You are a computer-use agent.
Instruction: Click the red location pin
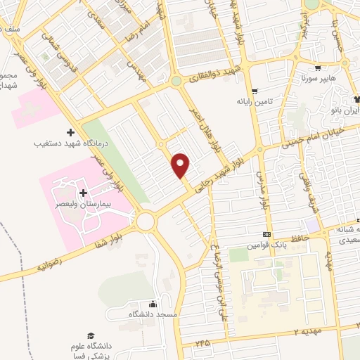click(181, 165)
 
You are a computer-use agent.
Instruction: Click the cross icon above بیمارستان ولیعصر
click(83, 193)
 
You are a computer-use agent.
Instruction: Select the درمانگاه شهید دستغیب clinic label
click(70, 143)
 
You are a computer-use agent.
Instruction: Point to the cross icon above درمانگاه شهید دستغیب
click(70, 132)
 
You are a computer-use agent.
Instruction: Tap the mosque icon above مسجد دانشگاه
click(153, 304)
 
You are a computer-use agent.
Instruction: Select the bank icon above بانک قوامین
click(266, 235)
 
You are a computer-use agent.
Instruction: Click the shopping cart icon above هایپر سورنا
click(319, 69)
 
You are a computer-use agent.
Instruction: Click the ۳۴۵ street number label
click(203, 342)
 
